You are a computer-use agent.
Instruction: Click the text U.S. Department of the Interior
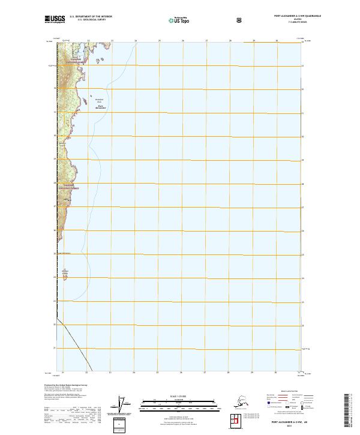[91, 17]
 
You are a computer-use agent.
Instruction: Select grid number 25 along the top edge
[159, 41]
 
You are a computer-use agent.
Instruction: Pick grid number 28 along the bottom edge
[229, 373]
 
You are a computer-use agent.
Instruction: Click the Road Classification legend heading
[289, 390]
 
